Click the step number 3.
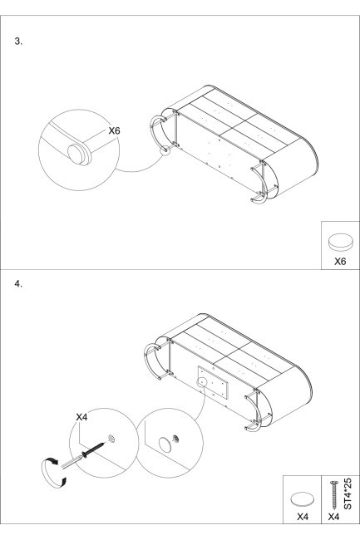tap(18, 42)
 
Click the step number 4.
tap(18, 284)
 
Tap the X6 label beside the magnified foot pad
tap(114, 131)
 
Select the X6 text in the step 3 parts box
tap(340, 262)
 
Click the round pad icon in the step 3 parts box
tap(340, 242)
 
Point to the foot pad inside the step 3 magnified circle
tap(77, 154)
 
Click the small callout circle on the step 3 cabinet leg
tap(165, 150)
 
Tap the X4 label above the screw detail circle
tap(81, 417)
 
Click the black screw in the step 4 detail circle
tap(92, 449)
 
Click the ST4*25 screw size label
tap(348, 493)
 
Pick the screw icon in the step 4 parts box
tap(333, 496)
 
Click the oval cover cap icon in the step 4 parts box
tap(302, 499)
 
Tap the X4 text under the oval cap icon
tap(303, 517)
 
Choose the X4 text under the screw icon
tap(333, 517)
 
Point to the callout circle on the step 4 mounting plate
tap(200, 382)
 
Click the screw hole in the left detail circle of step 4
tap(111, 439)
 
